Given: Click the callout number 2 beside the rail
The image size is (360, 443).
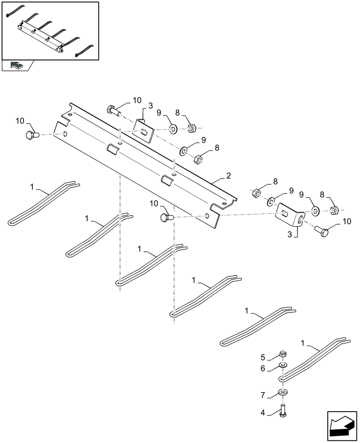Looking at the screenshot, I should pos(228,176).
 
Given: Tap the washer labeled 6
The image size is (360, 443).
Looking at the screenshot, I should pos(282,365).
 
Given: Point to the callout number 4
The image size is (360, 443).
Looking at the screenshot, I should pos(263,412).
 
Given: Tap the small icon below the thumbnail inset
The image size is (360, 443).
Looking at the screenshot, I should pos(16,66).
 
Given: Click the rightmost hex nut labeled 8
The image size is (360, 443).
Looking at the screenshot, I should pos(335,209).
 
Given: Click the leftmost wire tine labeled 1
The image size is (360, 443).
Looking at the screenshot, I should pos(42,202).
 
